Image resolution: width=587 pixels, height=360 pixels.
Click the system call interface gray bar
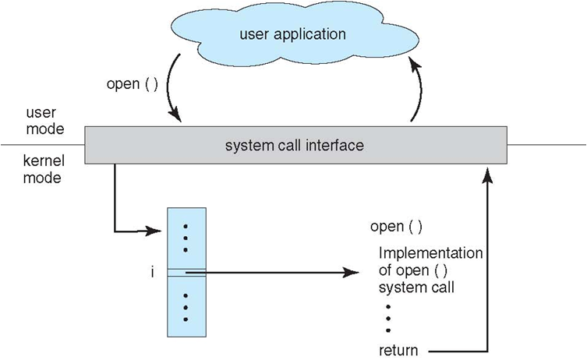point(295,145)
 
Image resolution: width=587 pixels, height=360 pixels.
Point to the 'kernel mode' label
point(43,169)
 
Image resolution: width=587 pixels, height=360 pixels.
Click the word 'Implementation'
point(430,254)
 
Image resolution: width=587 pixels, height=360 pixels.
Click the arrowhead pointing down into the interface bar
point(178,118)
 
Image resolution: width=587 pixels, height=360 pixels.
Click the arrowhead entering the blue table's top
point(162,231)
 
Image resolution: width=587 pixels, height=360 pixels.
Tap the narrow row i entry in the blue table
point(187,272)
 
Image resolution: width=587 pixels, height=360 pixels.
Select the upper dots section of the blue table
point(187,238)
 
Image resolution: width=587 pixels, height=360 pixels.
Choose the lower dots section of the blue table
point(187,307)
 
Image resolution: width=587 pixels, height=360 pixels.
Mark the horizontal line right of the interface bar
point(546,144)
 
